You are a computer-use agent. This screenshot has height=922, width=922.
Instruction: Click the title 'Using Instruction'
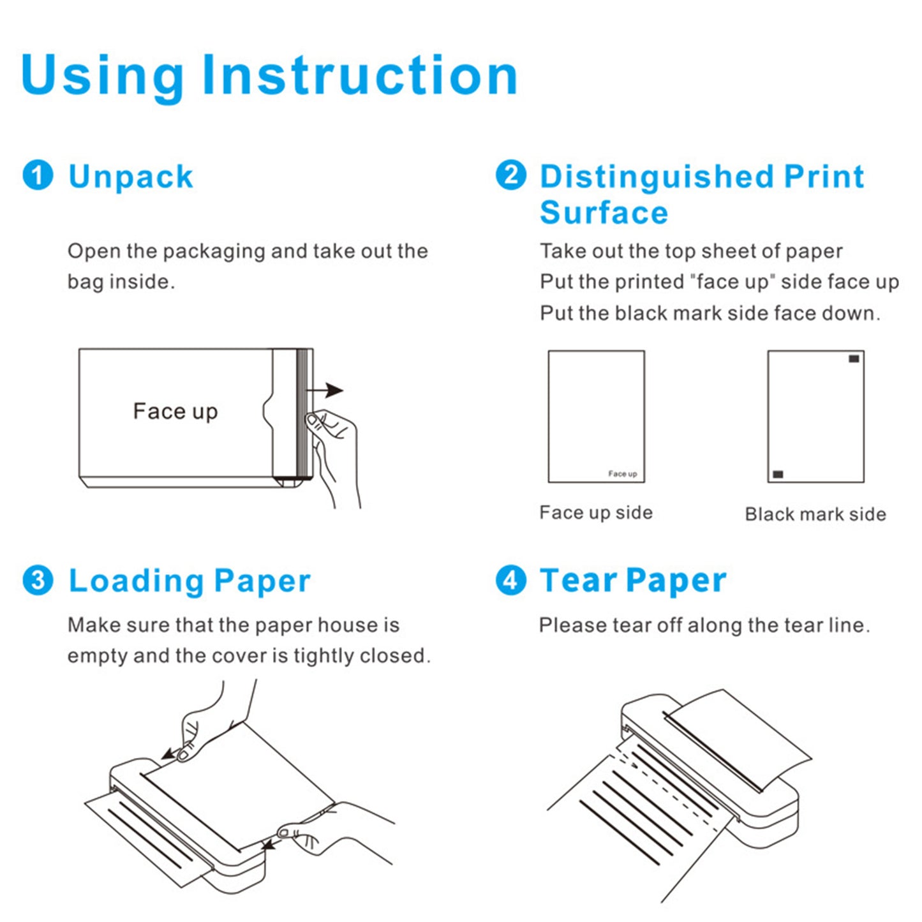269,75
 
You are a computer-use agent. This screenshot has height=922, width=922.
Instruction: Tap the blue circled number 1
38,175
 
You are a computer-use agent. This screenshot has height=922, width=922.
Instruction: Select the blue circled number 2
511,175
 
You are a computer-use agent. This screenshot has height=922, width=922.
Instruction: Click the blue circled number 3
38,581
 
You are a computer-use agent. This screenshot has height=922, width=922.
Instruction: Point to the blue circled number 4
511,581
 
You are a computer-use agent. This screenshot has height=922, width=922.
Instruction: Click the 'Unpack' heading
130,177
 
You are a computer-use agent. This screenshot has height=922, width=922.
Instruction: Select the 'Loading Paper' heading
189,581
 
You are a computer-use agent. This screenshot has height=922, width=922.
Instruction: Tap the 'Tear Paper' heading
633,581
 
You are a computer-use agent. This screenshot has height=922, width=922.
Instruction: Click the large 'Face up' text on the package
175,412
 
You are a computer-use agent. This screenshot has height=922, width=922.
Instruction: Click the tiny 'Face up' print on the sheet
622,473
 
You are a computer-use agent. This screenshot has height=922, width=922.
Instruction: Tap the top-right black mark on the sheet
854,359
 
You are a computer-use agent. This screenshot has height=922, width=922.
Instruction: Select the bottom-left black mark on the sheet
778,474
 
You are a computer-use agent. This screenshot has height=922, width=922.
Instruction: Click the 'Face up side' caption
596,513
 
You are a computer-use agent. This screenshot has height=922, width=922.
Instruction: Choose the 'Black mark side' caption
815,514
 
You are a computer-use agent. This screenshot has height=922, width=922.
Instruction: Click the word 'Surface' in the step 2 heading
604,212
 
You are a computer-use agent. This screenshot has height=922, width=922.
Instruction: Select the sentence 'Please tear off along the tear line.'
704,625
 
